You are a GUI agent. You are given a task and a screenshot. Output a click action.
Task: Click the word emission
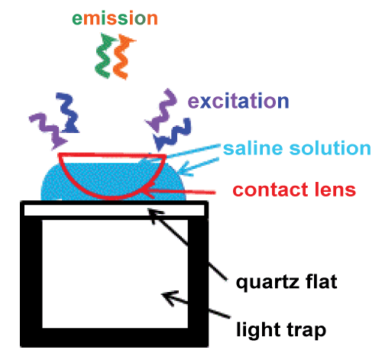[115, 18]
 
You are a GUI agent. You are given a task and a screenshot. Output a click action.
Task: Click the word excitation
[238, 101]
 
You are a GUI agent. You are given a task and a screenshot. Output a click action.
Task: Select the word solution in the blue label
[330, 148]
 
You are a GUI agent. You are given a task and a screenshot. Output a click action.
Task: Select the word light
[258, 329]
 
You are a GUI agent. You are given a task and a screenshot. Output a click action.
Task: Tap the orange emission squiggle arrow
[123, 57]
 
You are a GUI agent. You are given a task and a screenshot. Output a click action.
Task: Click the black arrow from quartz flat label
[187, 244]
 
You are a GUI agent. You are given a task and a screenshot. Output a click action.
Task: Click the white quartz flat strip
[114, 210]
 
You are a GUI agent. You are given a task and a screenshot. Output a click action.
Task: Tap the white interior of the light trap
[115, 274]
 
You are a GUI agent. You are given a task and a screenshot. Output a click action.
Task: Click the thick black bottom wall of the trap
[114, 337]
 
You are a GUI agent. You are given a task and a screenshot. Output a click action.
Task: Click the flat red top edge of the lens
[112, 154]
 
